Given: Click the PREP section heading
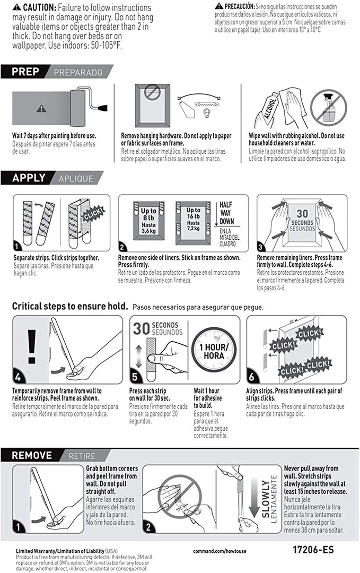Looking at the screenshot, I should pyautogui.click(x=25, y=71).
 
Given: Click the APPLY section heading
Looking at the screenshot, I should pyautogui.click(x=29, y=178).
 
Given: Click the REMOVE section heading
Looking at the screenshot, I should pyautogui.click(x=32, y=455).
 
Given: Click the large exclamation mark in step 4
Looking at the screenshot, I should pyautogui.click(x=32, y=348).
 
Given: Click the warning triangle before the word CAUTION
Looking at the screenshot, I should pyautogui.click(x=17, y=7).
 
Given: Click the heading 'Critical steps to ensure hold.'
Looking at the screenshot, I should pyautogui.click(x=70, y=306).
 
